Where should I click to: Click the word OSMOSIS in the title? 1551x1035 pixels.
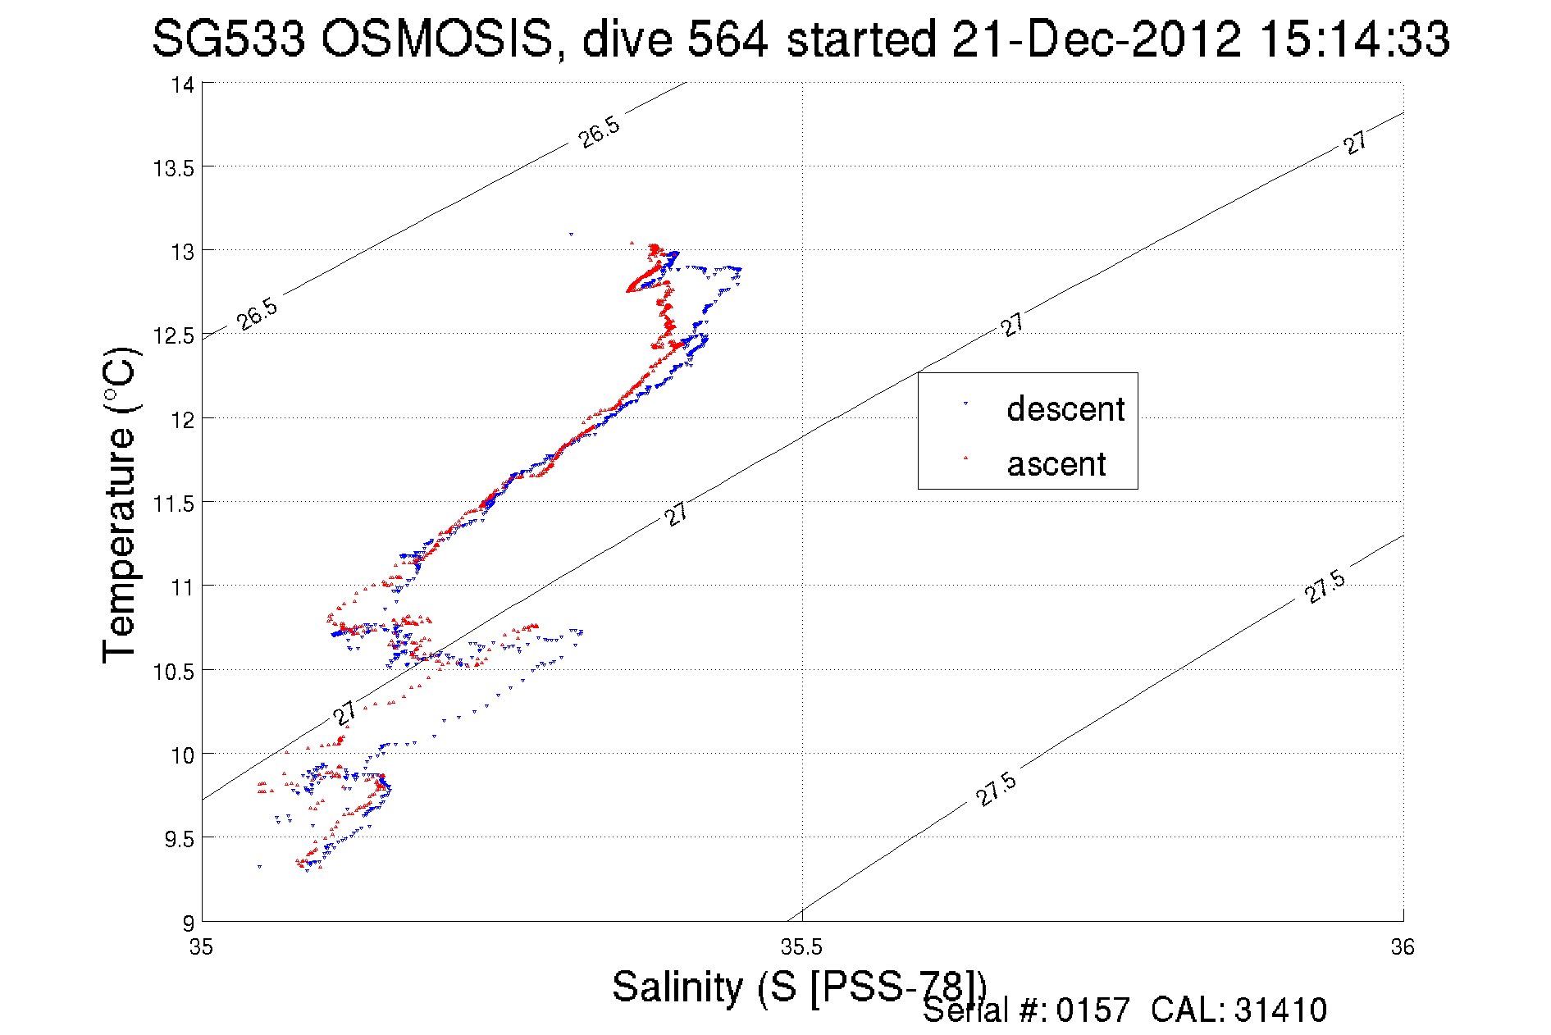[437, 39]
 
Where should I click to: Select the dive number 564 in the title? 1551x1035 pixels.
[728, 39]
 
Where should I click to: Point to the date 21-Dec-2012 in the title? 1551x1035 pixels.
[1096, 39]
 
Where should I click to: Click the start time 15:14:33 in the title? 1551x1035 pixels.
[1354, 39]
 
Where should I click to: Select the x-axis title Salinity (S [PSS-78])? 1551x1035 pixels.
[798, 987]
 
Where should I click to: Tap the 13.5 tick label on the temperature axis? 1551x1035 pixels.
[173, 169]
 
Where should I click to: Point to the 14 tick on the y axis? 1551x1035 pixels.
[182, 85]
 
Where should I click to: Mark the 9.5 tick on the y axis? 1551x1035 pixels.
[179, 839]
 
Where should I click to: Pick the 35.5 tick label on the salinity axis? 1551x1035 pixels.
[801, 947]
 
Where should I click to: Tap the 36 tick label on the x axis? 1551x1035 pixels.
[1402, 947]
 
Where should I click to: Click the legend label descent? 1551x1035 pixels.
[1065, 408]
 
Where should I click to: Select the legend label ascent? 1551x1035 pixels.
[1056, 464]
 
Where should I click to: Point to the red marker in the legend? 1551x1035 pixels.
[965, 458]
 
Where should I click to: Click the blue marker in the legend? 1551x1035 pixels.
[965, 404]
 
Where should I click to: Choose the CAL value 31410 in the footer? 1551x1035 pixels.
[1280, 1010]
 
